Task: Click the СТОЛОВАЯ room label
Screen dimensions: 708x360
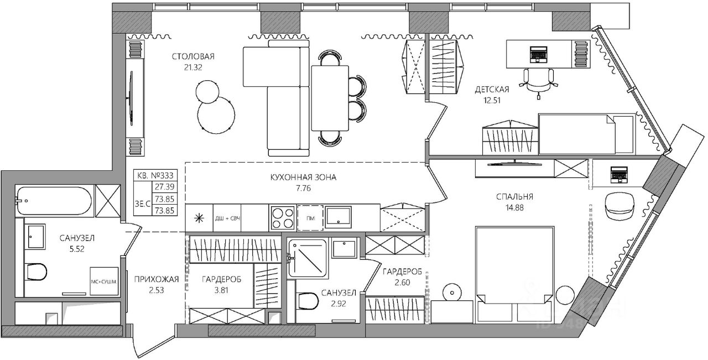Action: click(192, 56)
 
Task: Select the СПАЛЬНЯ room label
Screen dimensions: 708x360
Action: click(514, 196)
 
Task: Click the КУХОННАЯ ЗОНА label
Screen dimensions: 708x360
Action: click(303, 178)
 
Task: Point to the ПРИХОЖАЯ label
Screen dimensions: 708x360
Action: click(157, 279)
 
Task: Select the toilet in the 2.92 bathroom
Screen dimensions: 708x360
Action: click(306, 301)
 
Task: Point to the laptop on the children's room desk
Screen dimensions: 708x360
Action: click(538, 54)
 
